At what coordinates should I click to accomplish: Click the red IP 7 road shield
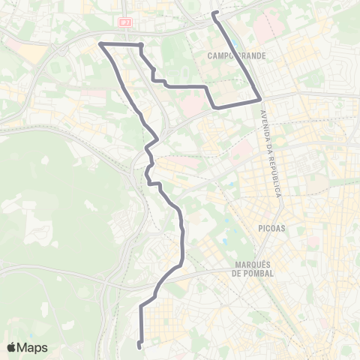click(124, 22)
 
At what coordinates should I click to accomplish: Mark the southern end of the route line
click(139, 345)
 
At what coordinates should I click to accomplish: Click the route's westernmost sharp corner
click(101, 44)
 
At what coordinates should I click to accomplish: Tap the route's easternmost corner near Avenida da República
click(260, 98)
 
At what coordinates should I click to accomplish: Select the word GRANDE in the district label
click(252, 55)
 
